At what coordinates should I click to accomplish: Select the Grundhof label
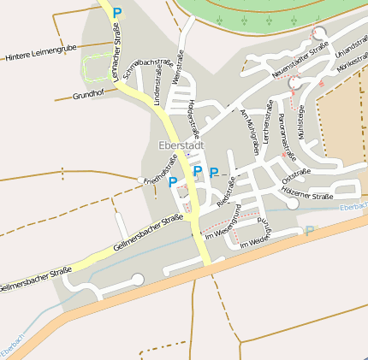(x=88, y=95)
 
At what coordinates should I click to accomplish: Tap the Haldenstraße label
(x=193, y=119)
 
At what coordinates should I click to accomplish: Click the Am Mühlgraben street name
(x=249, y=132)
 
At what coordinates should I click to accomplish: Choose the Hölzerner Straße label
(x=306, y=198)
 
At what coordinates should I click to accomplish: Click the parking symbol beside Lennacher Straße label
(x=118, y=13)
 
